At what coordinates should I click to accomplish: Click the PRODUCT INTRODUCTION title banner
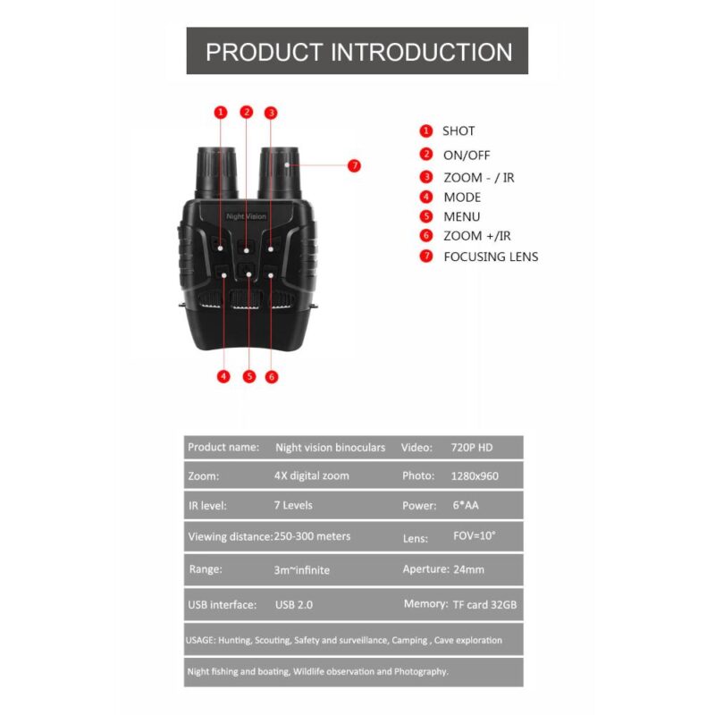[x=357, y=51]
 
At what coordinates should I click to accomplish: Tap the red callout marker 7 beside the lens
[x=355, y=165]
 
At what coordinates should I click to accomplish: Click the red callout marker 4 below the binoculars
[x=223, y=376]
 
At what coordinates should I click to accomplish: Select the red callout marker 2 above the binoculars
[x=247, y=112]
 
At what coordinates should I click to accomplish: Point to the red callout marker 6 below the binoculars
[x=272, y=376]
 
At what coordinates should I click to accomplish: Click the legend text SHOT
[x=458, y=131]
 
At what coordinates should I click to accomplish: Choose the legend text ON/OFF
[x=467, y=155]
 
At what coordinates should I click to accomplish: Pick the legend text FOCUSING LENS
[x=491, y=257]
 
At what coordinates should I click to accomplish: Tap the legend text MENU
[x=461, y=216]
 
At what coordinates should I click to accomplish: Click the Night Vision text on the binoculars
[x=246, y=216]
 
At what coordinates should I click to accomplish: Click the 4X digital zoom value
[x=311, y=475]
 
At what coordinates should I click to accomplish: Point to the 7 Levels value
[x=293, y=505]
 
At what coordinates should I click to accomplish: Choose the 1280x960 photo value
[x=475, y=475]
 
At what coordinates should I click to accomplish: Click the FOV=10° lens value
[x=474, y=536]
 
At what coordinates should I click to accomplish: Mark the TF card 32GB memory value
[x=485, y=604]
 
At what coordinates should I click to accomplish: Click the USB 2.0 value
[x=294, y=604]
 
